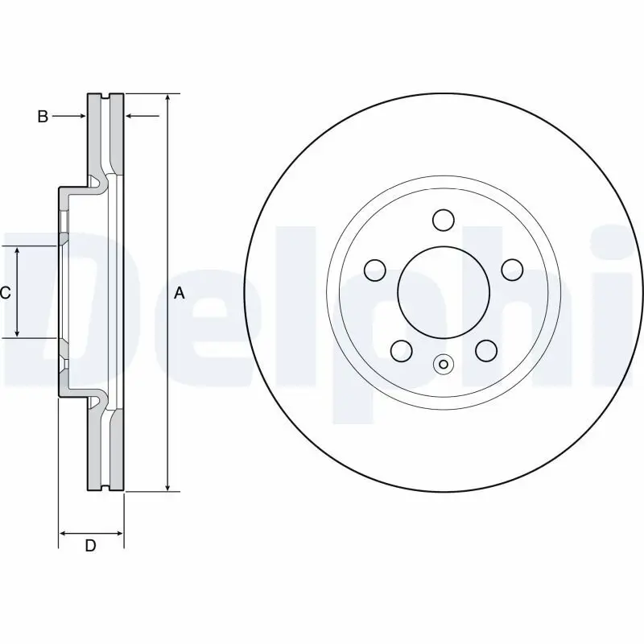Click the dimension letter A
(x=180, y=294)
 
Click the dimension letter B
(x=43, y=117)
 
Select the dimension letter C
(x=5, y=293)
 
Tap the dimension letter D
(x=91, y=546)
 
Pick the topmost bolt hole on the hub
(x=443, y=219)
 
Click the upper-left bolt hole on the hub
(x=374, y=270)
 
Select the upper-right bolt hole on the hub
(x=511, y=270)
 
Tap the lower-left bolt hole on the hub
(x=400, y=350)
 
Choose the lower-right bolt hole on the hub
(x=485, y=350)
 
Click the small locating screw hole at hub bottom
(x=443, y=365)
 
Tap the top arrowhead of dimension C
(x=18, y=251)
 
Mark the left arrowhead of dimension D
(x=64, y=533)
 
